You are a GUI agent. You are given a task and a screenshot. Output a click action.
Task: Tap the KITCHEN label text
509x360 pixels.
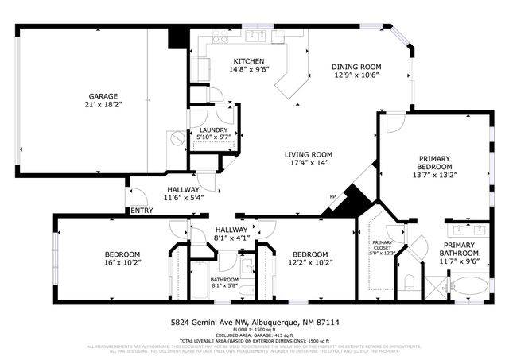(x=248, y=61)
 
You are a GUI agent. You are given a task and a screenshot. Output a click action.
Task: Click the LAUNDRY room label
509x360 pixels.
(x=213, y=130)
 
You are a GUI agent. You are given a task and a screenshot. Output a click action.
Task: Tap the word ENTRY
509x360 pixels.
(x=142, y=211)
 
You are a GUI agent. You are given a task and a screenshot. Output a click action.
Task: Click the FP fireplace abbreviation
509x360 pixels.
(x=332, y=197)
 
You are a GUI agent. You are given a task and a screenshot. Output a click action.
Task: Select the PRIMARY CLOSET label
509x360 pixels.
(x=383, y=245)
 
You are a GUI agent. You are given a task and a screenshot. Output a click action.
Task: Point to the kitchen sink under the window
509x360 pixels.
(x=256, y=36)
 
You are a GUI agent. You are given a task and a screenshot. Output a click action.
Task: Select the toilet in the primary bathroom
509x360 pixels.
(x=408, y=282)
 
